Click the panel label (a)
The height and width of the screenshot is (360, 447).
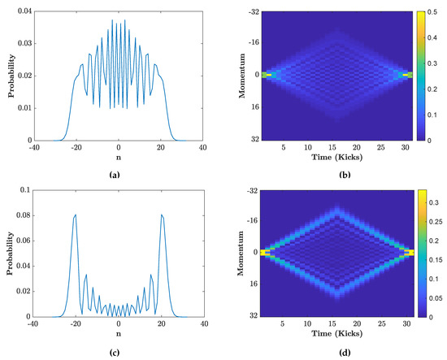(119, 173)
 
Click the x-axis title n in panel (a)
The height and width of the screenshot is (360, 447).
(119, 161)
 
